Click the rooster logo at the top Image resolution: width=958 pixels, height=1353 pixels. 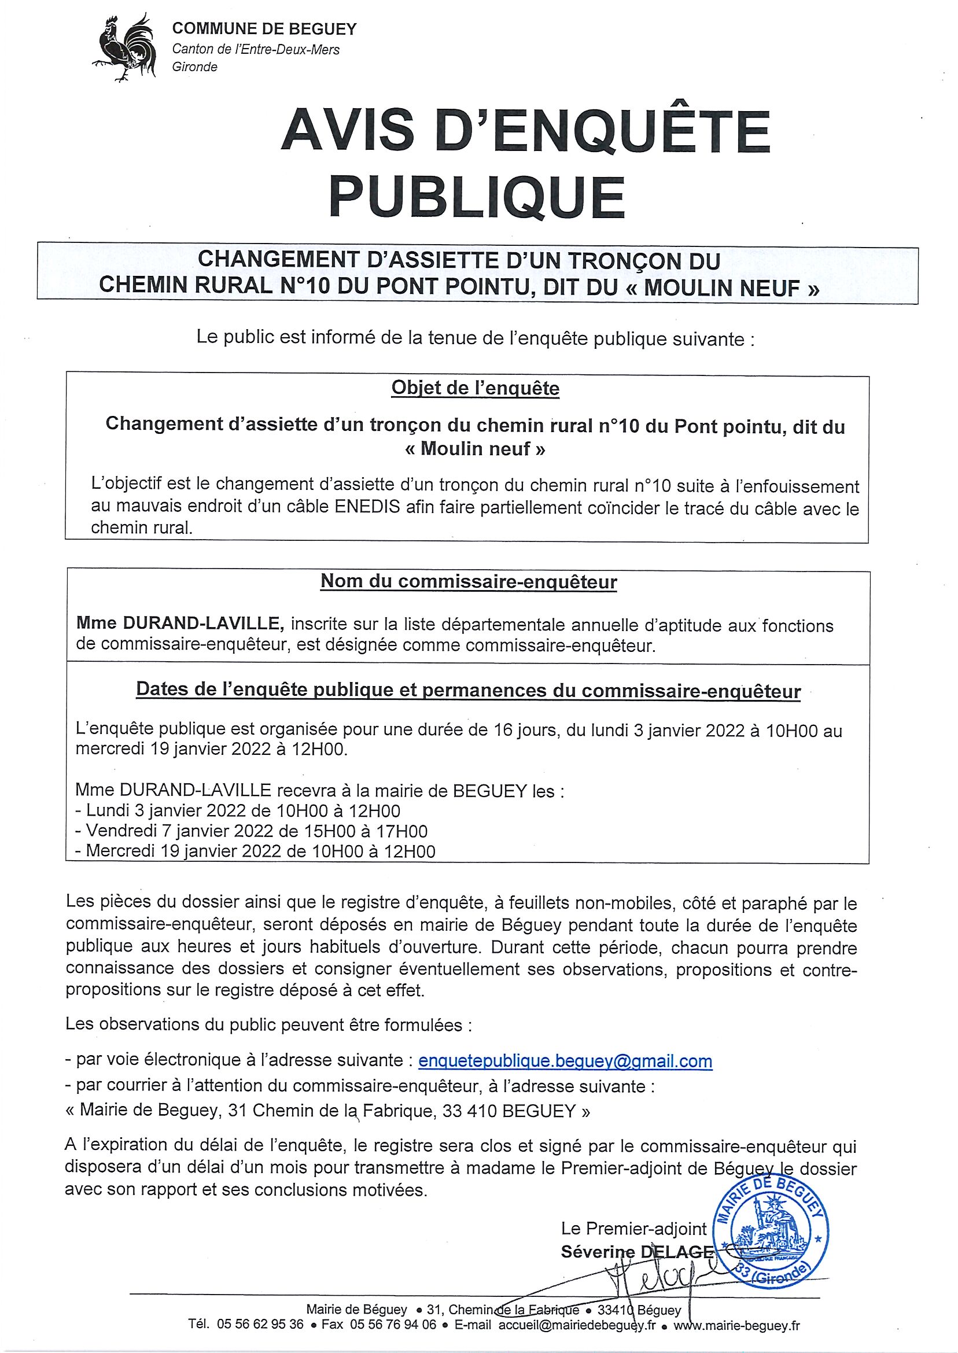click(x=125, y=47)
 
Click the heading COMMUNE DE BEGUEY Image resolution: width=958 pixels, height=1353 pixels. click(x=264, y=29)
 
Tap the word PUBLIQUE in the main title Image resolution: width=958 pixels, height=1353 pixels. click(x=477, y=197)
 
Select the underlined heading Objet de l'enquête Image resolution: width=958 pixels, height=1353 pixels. click(x=475, y=388)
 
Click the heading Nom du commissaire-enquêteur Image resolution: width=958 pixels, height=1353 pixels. click(x=469, y=581)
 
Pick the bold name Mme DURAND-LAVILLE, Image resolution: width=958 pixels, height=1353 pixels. click(x=180, y=623)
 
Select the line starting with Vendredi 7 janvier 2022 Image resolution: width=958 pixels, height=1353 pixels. click(x=251, y=831)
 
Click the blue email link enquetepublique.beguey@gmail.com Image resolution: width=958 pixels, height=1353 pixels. click(x=565, y=1061)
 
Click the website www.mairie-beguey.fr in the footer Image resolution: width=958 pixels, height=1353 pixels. click(x=736, y=1325)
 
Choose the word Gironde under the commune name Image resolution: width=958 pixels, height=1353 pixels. click(x=195, y=67)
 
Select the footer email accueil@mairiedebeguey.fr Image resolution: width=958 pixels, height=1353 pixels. click(x=576, y=1325)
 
